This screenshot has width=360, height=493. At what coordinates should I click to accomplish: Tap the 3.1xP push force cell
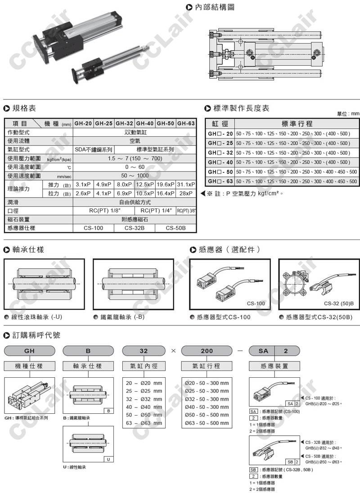83,185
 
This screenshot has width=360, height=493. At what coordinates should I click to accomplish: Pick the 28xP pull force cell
186,193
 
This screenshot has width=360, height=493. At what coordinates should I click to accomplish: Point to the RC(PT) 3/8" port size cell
186,211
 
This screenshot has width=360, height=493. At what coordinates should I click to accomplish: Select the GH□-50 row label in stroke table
220,172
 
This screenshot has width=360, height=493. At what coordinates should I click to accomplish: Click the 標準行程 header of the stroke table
297,124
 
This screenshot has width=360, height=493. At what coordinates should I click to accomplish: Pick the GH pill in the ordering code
29,351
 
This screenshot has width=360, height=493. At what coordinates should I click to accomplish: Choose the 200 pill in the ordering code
207,351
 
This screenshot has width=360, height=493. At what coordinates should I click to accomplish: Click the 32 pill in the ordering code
143,351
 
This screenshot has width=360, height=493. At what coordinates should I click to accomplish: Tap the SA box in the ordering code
263,351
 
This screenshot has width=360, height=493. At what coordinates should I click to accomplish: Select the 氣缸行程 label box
207,366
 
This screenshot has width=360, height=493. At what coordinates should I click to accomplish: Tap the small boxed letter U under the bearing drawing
108,459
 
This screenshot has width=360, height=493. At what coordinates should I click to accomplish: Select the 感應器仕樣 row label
22,228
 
